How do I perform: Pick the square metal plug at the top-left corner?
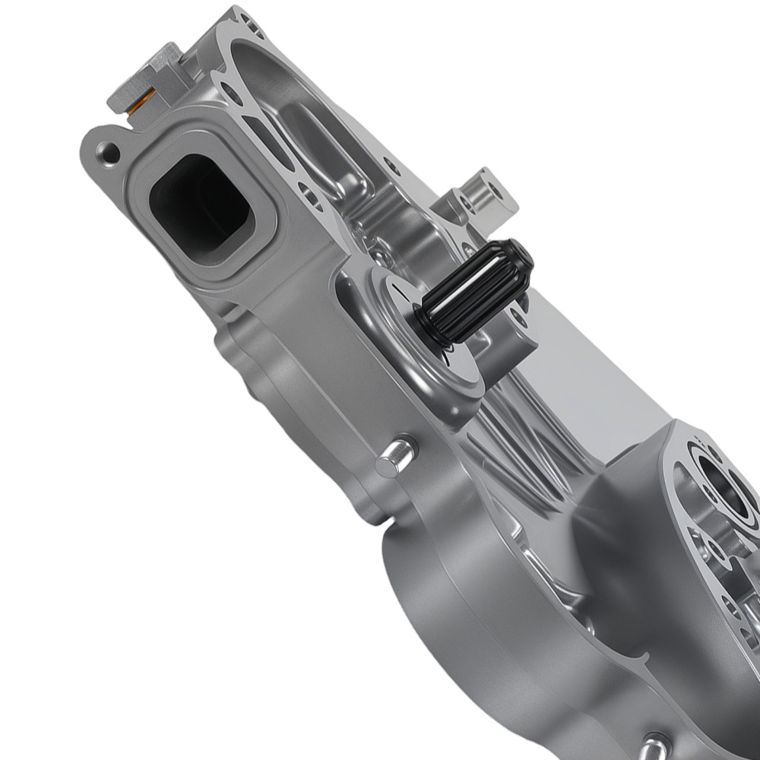144,76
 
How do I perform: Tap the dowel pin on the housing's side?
395,456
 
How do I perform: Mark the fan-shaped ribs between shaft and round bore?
524,448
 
